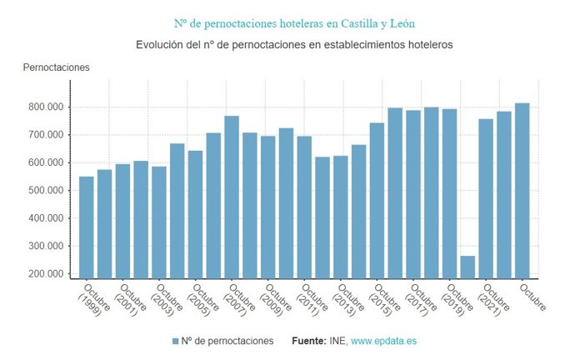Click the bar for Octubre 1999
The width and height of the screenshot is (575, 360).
(87, 227)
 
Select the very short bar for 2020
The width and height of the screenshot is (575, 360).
(467, 267)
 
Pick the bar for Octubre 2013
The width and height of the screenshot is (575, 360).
(340, 217)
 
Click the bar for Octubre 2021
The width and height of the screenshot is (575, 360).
(486, 198)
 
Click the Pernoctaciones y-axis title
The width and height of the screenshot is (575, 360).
(56, 67)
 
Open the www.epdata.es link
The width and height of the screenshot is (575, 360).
(384, 341)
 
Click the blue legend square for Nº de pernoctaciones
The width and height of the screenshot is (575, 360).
(175, 342)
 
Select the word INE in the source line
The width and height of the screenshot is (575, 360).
(337, 341)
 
